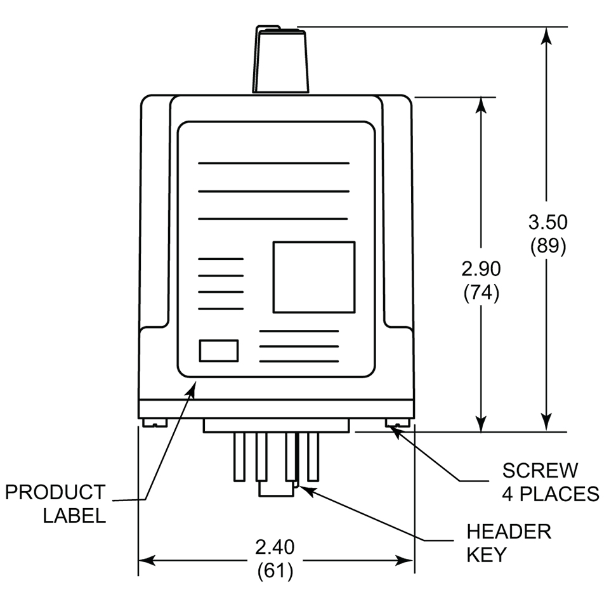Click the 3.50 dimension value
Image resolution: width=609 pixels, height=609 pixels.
pyautogui.click(x=547, y=223)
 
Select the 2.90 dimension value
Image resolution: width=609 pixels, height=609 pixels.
pyautogui.click(x=481, y=269)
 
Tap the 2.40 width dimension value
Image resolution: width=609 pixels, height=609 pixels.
pyautogui.click(x=275, y=547)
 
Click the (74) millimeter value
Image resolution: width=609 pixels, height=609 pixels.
pyautogui.click(x=481, y=292)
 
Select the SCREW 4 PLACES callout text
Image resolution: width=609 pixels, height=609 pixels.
pyautogui.click(x=550, y=481)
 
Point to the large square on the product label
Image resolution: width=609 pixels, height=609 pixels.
pyautogui.click(x=313, y=277)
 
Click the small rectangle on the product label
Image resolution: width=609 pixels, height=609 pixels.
pyautogui.click(x=219, y=351)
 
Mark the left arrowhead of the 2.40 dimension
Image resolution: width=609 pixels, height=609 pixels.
pyautogui.click(x=146, y=560)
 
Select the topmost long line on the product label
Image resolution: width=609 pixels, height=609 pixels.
pyautogui.click(x=273, y=163)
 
